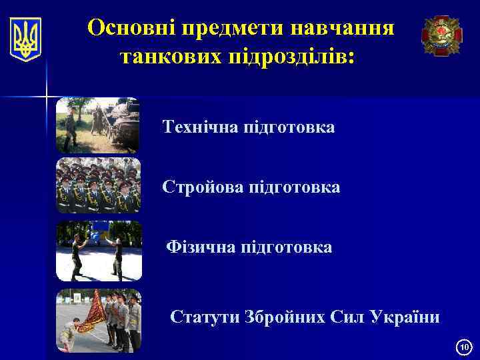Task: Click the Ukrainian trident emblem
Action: point(26,39)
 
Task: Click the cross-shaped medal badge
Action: point(441,35)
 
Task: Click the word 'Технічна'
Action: point(201,127)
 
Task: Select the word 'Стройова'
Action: point(203,187)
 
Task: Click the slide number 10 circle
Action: point(464,347)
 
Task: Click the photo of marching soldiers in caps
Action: point(99,185)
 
